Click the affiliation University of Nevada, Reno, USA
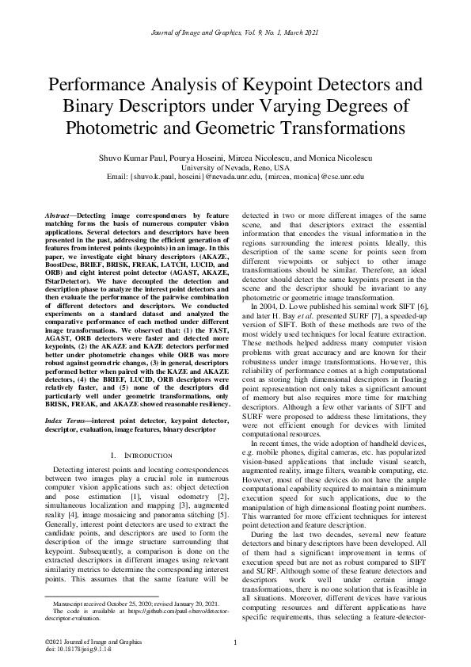click(x=235, y=168)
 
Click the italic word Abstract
click(x=56, y=215)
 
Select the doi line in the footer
click(x=78, y=648)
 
